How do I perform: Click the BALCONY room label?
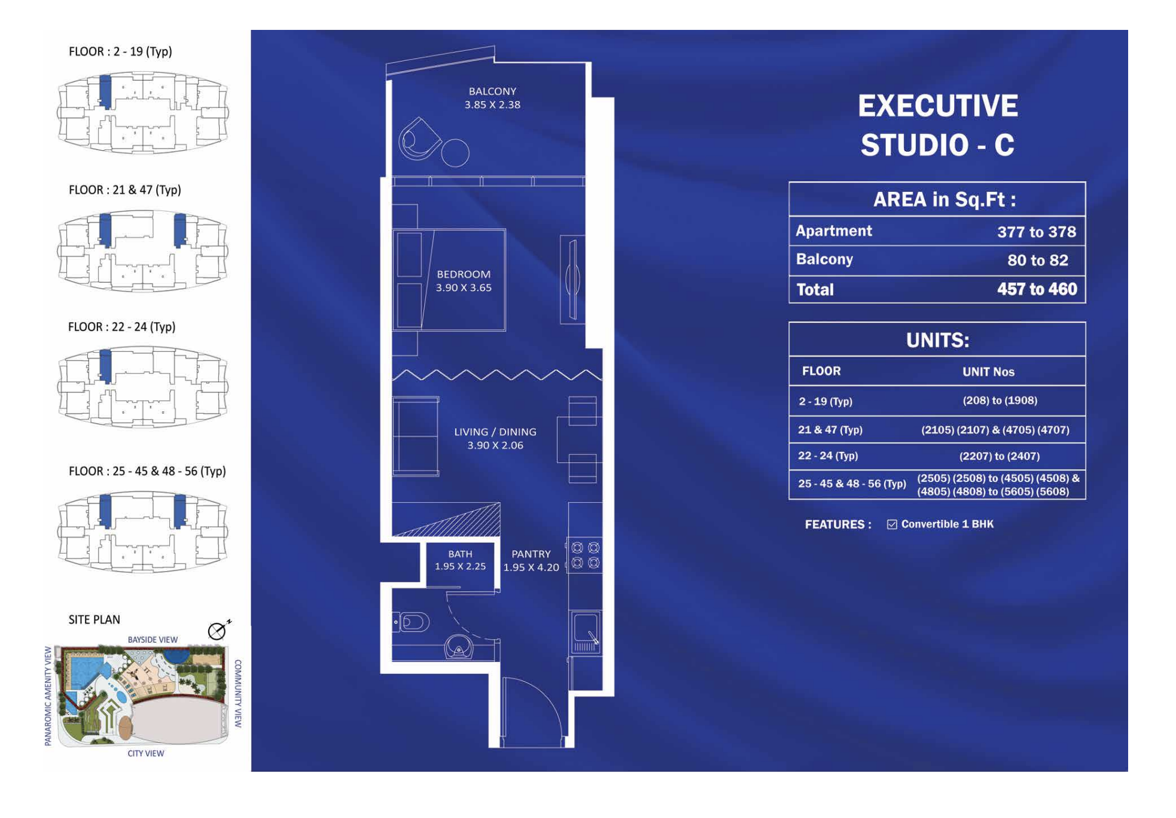492,91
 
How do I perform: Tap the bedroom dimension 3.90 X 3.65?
464,288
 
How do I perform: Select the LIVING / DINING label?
495,432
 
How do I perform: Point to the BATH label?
460,554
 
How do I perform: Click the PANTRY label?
531,554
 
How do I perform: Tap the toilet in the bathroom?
412,622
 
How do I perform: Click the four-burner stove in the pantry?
585,555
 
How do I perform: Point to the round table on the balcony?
455,152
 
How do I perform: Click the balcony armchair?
419,139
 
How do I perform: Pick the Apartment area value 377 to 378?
1036,232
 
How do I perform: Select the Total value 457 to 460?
1037,289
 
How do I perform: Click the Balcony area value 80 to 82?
1037,260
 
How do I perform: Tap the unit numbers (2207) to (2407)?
999,456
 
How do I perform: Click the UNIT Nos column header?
988,372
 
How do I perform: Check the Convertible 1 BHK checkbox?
892,524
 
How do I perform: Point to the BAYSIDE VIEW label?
153,640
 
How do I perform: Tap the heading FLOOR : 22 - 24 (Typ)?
121,327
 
